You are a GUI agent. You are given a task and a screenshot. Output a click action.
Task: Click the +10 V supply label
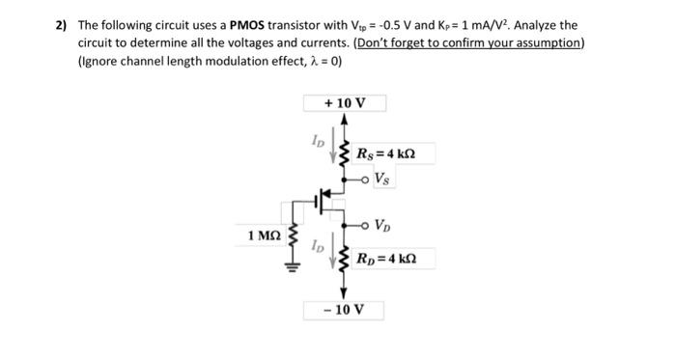345,102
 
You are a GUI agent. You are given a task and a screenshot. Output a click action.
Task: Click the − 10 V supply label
345,310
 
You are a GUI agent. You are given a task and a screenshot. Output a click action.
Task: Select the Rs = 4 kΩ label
385,152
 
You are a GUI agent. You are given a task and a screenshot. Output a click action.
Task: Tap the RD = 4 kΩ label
386,259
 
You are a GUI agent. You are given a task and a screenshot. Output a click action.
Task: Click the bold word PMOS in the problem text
248,25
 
